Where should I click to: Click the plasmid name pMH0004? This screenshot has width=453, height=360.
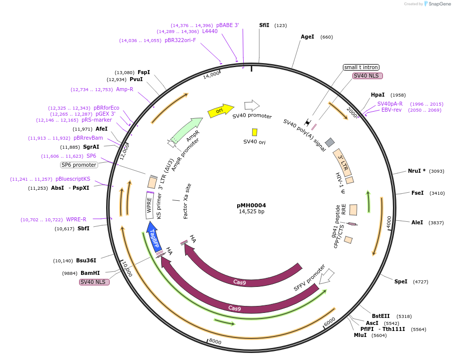[251, 205]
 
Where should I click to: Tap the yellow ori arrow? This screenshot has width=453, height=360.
[220, 111]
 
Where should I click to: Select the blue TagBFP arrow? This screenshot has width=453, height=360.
[153, 236]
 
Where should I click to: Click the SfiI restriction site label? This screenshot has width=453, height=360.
[264, 25]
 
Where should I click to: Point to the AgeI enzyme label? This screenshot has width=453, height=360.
[307, 37]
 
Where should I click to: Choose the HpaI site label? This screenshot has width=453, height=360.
[378, 95]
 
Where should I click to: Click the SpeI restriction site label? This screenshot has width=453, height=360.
[401, 281]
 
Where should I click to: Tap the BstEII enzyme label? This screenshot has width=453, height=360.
[380, 316]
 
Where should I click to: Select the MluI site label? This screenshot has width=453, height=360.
[360, 335]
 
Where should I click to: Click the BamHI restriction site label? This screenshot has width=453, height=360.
[90, 273]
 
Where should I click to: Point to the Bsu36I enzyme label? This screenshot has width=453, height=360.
[86, 260]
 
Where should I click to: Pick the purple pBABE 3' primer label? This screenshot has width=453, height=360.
[228, 25]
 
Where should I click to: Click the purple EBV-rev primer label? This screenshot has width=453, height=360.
[391, 110]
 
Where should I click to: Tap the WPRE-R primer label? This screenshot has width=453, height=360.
[76, 219]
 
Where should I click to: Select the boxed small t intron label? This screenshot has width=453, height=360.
[361, 67]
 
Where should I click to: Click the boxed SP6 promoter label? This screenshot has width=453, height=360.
[79, 165]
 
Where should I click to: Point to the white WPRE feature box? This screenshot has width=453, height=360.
[149, 205]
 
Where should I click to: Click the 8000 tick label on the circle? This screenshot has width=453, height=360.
[215, 341]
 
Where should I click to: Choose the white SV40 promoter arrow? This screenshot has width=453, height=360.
[252, 105]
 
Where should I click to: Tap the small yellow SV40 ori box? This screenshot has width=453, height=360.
[255, 132]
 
